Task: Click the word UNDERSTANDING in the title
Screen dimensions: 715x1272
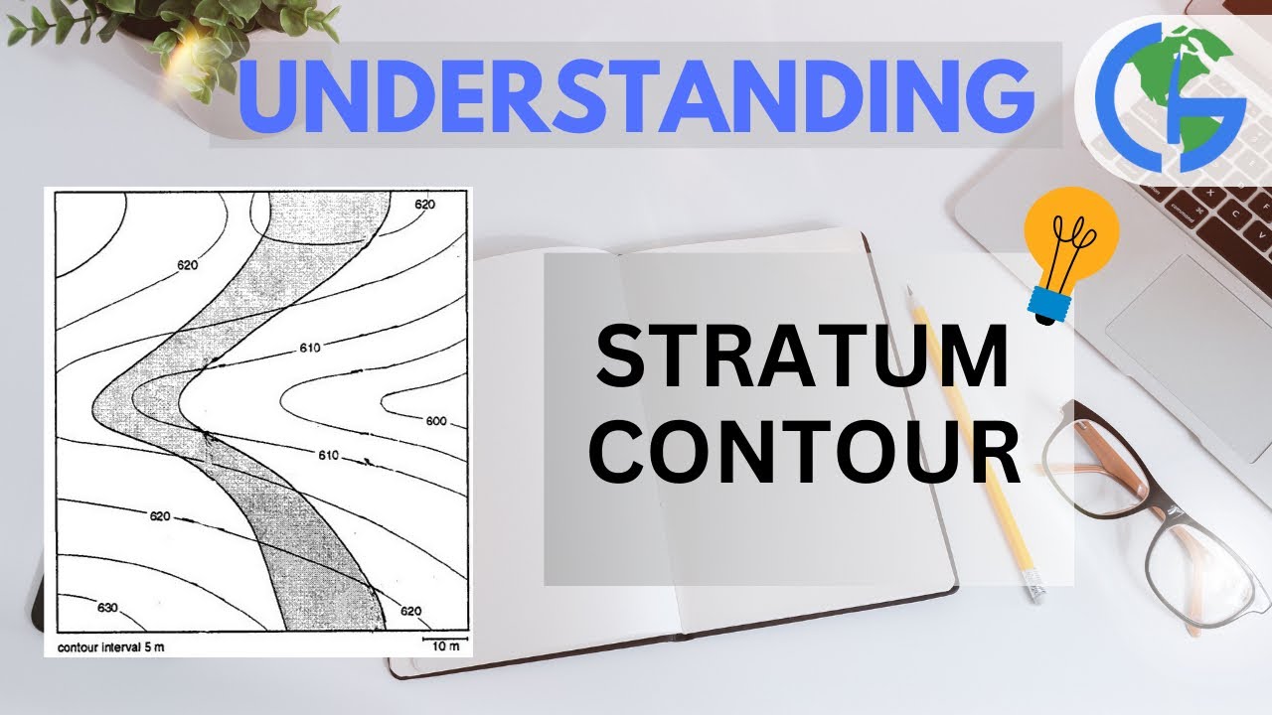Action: coord(636,95)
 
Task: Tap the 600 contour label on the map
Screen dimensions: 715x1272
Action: coord(435,421)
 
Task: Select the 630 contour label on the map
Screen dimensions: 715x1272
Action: coord(106,608)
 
